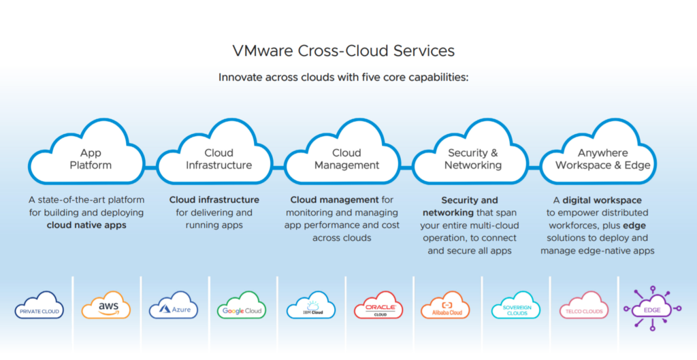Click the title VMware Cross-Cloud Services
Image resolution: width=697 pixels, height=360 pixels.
point(344,50)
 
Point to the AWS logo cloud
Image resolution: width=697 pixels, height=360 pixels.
point(106,306)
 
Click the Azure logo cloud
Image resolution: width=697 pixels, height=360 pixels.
point(174,306)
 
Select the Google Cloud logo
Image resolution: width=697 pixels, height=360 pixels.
point(242,306)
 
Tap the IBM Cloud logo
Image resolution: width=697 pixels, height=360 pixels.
point(310,306)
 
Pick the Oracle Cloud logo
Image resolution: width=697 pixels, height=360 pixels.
point(378,306)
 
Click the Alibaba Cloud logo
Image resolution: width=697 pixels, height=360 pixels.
point(446,306)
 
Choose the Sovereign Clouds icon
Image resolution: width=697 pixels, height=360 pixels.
point(516,306)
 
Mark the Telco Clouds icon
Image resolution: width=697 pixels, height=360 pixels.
point(583,306)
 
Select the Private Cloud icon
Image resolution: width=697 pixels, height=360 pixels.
point(39,306)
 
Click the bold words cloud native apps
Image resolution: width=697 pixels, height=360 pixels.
point(86,225)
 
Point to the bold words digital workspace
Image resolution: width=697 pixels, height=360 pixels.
point(602,200)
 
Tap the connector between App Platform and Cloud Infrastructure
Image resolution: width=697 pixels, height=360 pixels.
point(150,167)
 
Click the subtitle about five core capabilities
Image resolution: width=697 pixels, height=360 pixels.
point(344,78)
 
